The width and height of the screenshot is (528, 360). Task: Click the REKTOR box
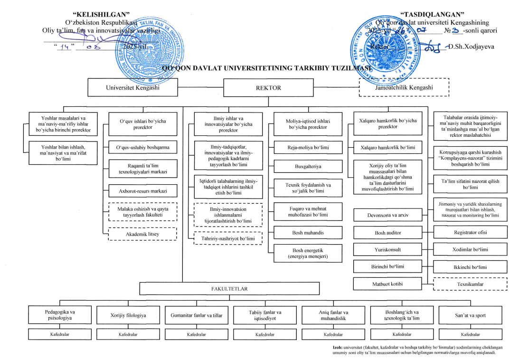pyautogui.click(x=268, y=88)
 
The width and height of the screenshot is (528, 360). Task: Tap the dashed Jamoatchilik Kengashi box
pyautogui.click(x=403, y=87)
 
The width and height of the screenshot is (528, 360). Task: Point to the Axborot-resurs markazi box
pyautogui.click(x=142, y=190)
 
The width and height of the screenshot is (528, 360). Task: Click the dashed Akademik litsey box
pyautogui.click(x=142, y=234)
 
